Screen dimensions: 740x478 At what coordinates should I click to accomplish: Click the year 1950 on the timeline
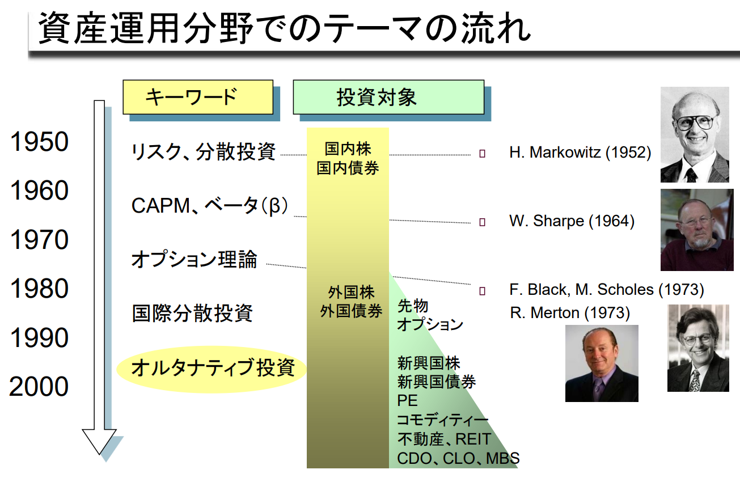coord(39,142)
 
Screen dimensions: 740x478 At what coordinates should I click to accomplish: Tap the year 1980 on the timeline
coord(39,289)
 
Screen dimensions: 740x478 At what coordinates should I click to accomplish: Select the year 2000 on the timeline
coord(39,387)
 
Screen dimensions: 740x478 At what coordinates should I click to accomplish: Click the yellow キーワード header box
coord(198,96)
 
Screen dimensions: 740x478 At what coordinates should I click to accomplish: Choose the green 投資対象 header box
coord(388,96)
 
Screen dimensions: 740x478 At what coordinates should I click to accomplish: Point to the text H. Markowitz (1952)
coord(580,153)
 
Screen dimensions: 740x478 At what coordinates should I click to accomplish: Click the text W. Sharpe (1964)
coord(572,221)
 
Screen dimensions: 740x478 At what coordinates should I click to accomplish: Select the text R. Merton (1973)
coord(569,312)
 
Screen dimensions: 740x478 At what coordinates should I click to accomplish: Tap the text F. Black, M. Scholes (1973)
coord(606,290)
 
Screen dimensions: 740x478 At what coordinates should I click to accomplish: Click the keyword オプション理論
coord(194,260)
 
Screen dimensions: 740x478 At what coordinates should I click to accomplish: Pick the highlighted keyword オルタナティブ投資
coord(213,368)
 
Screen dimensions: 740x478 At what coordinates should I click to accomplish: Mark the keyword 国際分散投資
coord(192,313)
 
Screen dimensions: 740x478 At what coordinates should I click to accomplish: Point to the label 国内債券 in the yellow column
coord(348,168)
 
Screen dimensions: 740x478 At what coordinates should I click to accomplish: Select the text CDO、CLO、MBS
coord(458,458)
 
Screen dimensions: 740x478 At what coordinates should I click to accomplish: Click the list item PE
coord(407,400)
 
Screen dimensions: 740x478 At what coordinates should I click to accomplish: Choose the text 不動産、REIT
coord(443,439)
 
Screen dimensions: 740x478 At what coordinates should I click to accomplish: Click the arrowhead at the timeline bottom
coord(100,441)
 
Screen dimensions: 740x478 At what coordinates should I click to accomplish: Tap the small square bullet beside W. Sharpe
coord(482,222)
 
